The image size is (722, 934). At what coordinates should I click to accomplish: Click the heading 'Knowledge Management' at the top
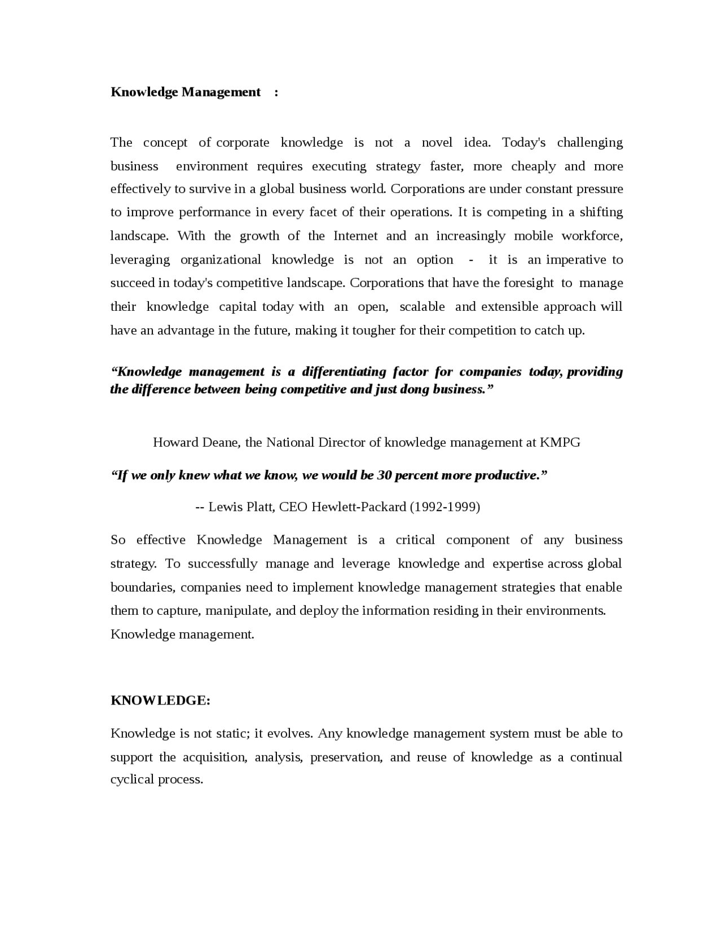186,92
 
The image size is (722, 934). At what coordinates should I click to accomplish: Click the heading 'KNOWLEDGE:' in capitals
160,700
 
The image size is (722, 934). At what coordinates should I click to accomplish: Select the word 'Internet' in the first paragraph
355,236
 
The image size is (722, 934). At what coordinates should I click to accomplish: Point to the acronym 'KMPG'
560,442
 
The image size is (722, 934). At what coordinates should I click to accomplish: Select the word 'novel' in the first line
437,142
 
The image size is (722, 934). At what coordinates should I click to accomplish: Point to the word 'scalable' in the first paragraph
422,307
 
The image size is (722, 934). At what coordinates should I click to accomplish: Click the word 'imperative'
576,259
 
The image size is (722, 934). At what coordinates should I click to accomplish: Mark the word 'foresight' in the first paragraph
529,283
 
